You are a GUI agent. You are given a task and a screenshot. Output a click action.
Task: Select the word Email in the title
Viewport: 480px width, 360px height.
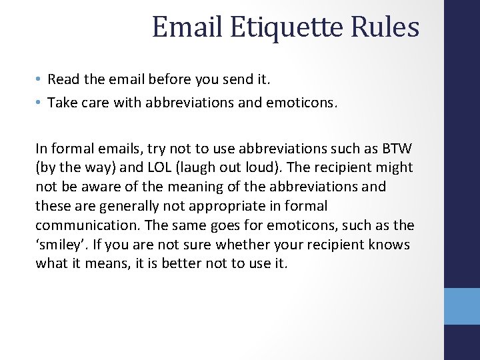(x=187, y=27)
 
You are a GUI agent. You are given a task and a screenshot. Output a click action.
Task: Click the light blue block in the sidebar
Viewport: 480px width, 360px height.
(x=462, y=306)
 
